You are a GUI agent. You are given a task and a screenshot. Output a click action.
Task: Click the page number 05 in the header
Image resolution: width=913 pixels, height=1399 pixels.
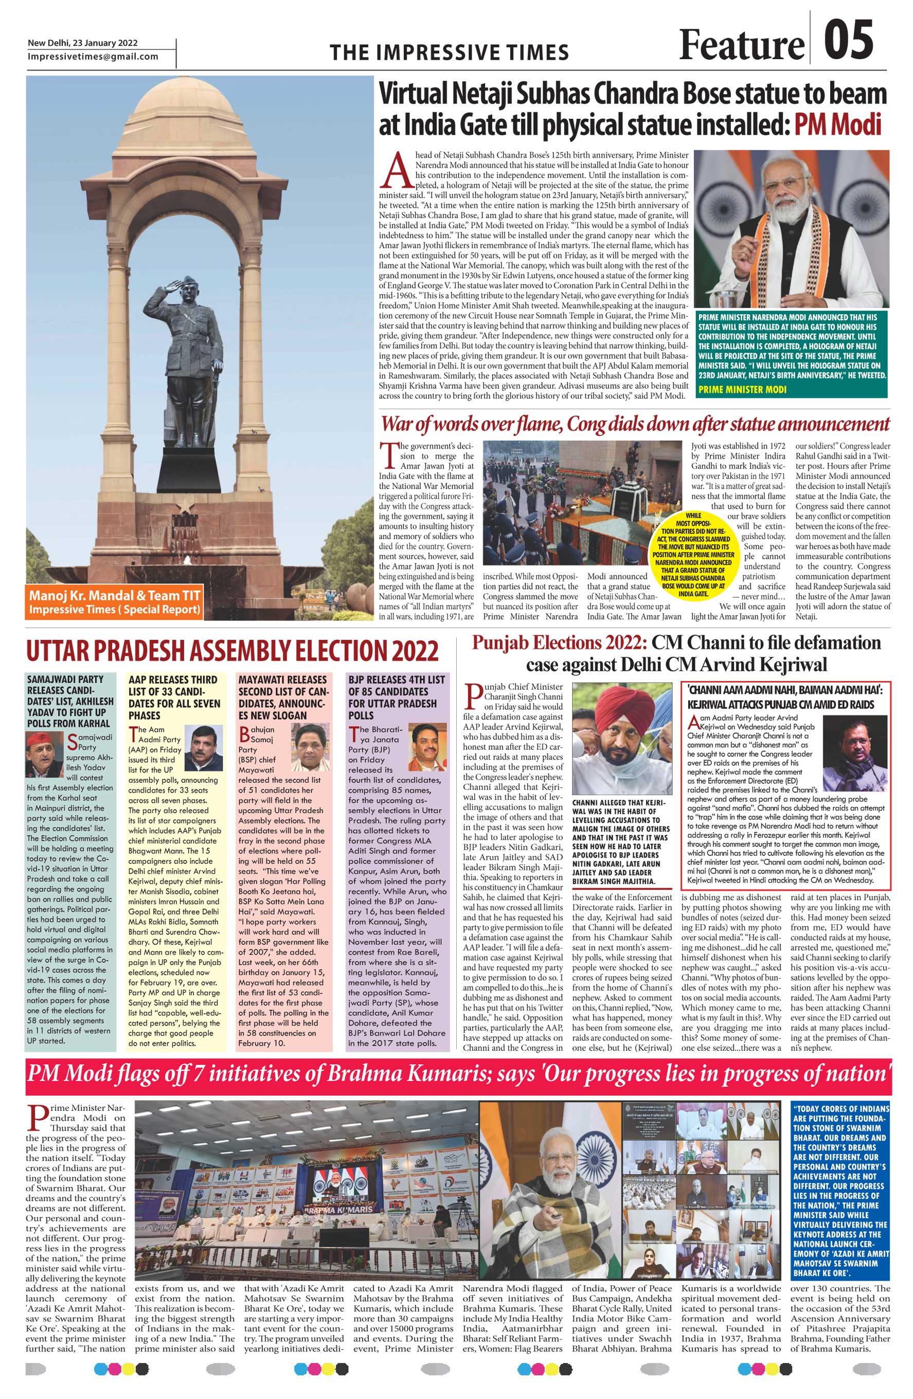tap(848, 40)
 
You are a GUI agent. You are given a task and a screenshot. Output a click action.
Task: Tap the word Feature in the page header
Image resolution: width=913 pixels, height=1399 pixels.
tap(741, 45)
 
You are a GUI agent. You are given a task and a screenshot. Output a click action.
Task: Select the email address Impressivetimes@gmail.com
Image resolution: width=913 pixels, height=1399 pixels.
tap(93, 57)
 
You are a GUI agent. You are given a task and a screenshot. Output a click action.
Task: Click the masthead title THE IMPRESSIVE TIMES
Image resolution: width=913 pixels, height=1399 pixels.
tap(449, 52)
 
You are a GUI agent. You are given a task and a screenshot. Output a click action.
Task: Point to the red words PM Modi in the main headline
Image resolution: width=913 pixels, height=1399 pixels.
tap(838, 124)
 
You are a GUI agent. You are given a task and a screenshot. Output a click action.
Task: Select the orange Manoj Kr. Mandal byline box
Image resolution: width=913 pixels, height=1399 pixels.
tap(114, 602)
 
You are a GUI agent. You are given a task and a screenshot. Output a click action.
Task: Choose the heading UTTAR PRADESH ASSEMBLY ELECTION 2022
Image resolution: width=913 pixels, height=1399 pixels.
tap(232, 652)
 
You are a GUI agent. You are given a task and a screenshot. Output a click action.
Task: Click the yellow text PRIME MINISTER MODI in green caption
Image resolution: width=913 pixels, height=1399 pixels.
tap(741, 389)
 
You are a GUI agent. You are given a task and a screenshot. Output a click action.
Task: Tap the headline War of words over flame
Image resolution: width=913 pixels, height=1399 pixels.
tap(635, 424)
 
